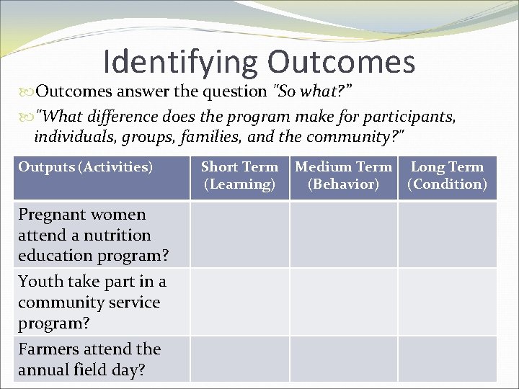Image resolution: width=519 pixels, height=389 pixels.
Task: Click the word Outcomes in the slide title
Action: pyautogui.click(x=341, y=62)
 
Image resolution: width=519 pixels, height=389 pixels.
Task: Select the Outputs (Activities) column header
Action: pyautogui.click(x=86, y=167)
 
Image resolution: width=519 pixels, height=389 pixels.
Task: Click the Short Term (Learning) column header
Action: pyautogui.click(x=239, y=176)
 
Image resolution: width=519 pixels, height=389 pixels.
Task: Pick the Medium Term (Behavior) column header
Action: pyautogui.click(x=343, y=176)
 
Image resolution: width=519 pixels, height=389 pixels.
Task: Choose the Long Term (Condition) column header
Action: pyautogui.click(x=447, y=176)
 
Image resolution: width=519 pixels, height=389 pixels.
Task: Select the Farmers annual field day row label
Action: pyautogui.click(x=89, y=359)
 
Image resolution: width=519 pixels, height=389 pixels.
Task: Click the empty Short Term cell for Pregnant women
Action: pyautogui.click(x=239, y=235)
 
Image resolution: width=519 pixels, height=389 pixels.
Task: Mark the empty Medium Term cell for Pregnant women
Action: pyautogui.click(x=343, y=235)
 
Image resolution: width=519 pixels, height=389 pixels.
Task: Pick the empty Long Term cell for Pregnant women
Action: pyautogui.click(x=447, y=235)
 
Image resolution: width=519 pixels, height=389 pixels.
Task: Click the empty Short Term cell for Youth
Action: pyautogui.click(x=239, y=302)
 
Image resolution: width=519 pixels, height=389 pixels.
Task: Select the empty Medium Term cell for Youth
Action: pyautogui.click(x=343, y=302)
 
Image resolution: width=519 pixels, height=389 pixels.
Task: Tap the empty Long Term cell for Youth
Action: pyautogui.click(x=447, y=302)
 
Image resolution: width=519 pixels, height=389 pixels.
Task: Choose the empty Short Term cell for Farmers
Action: pyautogui.click(x=239, y=359)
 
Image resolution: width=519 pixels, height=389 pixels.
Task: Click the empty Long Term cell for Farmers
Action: pyautogui.click(x=447, y=359)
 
